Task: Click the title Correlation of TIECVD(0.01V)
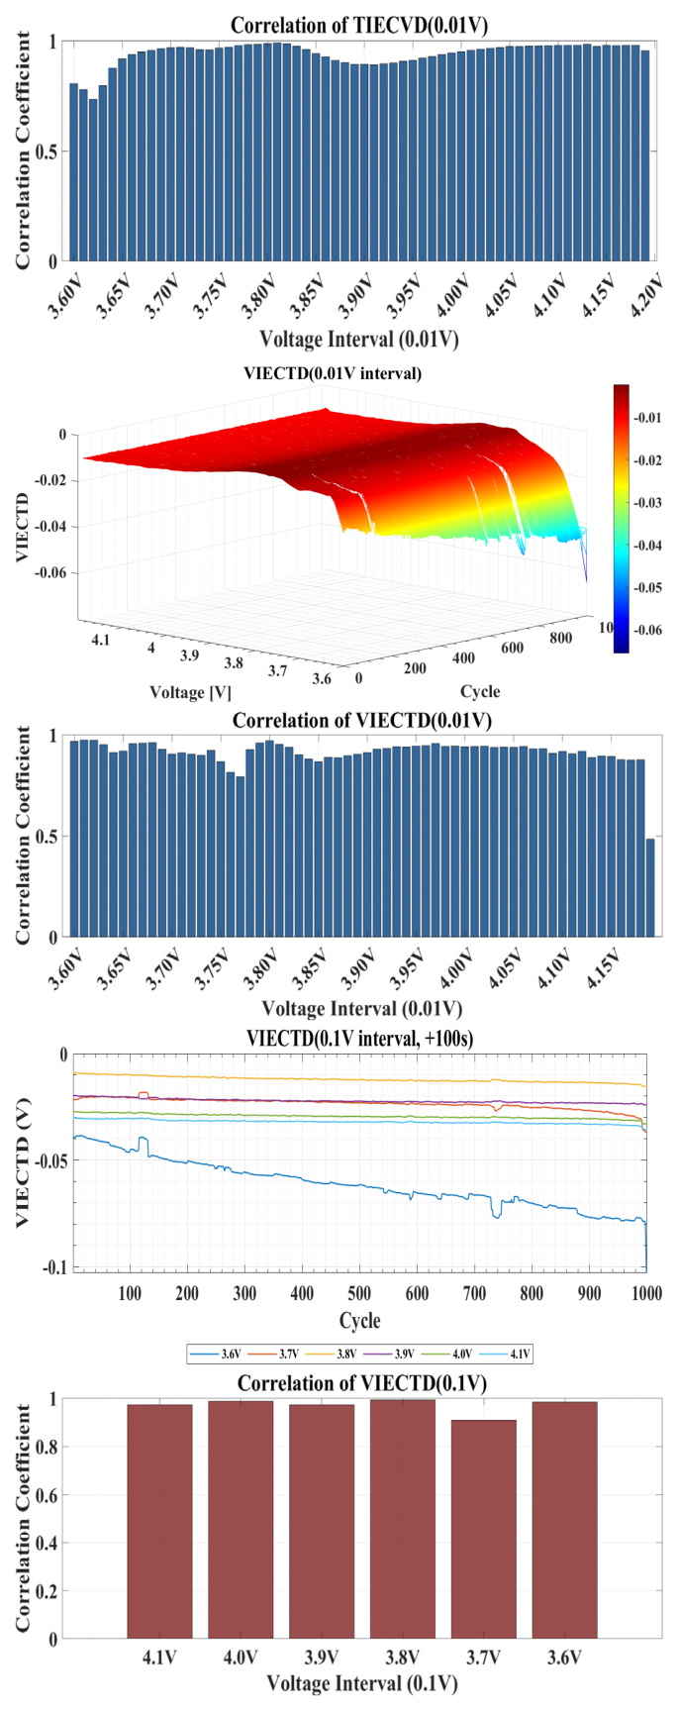pos(359,25)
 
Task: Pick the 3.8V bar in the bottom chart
pos(402,1519)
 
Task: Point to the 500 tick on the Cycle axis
pos(359,1293)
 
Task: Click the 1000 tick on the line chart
pos(646,1293)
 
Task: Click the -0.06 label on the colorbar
pos(649,630)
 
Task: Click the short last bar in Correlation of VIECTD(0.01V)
pos(650,887)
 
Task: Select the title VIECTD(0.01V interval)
pos(333,373)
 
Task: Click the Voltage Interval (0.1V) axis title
pos(361,1683)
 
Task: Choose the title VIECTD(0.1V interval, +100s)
pos(360,1038)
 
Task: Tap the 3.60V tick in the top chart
pos(67,294)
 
